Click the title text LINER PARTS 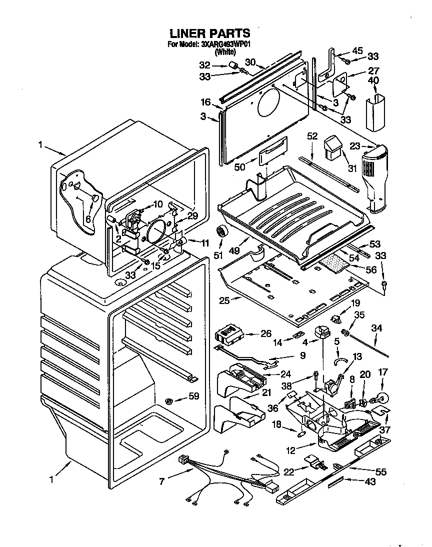[210, 33]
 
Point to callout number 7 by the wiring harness [161, 481]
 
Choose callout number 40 [373, 80]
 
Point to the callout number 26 [266, 333]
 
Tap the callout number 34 [376, 328]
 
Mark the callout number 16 [205, 102]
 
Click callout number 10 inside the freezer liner [157, 204]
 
